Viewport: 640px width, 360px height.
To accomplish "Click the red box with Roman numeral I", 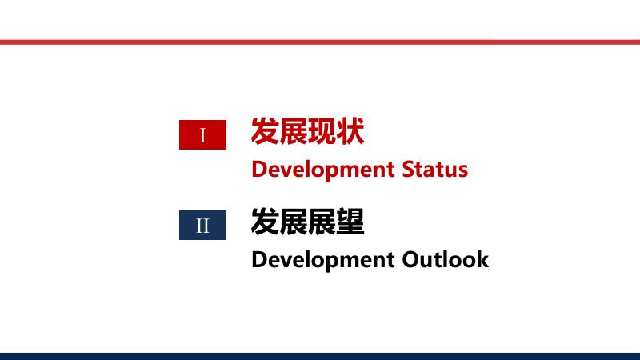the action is tap(202, 134).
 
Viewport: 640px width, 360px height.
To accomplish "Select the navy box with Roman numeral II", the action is tap(202, 226).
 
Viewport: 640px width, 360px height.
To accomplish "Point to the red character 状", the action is tap(350, 131).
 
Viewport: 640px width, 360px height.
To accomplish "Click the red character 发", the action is tap(265, 131).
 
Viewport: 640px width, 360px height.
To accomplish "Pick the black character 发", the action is tap(265, 222).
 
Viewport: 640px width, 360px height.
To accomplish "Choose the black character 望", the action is tap(350, 222).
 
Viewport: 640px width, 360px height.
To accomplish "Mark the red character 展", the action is tap(294, 131).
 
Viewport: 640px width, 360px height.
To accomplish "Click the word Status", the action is tap(435, 169).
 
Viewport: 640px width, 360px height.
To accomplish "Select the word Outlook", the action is tap(446, 259).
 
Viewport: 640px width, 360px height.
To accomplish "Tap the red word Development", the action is tap(323, 170).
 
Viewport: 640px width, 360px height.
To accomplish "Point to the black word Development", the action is tap(323, 261).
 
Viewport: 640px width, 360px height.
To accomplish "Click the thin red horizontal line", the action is tap(320, 42).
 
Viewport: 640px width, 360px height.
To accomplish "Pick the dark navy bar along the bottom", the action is tap(320, 356).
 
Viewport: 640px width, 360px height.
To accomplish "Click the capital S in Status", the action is tap(408, 170).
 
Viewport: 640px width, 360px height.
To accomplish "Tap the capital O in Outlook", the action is tap(411, 260).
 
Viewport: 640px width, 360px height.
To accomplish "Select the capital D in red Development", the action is tap(258, 170).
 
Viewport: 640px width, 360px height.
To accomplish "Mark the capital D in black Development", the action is tap(258, 260).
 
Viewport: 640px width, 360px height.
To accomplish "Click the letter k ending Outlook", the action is tap(483, 259).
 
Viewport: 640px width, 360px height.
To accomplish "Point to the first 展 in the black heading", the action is tap(294, 222).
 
